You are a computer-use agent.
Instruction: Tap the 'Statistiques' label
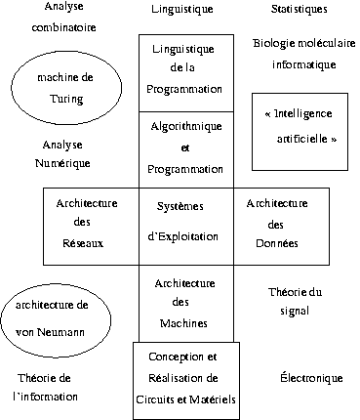[x=300, y=9]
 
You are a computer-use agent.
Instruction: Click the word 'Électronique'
[x=311, y=378]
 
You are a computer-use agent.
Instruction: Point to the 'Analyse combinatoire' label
[x=64, y=17]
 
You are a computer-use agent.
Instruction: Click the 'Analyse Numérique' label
[x=62, y=153]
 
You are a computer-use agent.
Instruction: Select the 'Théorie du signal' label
[x=295, y=302]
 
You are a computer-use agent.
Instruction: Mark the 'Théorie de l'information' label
[x=45, y=388]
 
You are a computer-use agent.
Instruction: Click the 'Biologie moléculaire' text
[x=304, y=43]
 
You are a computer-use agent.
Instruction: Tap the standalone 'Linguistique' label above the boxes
[x=182, y=9]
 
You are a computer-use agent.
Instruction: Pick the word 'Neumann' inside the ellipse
[x=60, y=332]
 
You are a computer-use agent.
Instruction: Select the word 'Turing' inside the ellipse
[x=66, y=99]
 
